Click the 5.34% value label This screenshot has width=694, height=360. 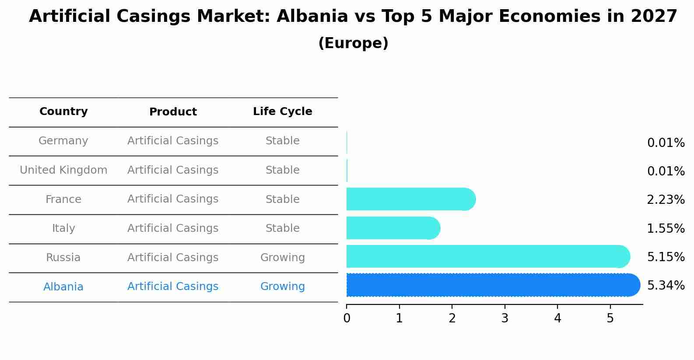[666, 286]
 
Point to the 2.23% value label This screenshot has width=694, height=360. [666, 200]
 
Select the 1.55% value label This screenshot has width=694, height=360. [666, 228]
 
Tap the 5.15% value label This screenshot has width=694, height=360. [666, 257]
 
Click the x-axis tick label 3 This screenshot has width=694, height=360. [505, 318]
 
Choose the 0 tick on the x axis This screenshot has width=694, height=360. [347, 318]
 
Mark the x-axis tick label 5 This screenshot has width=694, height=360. [610, 318]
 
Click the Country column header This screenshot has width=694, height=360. [63, 112]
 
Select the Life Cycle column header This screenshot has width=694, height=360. [283, 112]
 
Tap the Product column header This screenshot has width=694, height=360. [173, 112]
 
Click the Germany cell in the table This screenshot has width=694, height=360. [63, 141]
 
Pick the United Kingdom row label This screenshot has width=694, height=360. [63, 170]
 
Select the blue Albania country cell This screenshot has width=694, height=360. [63, 287]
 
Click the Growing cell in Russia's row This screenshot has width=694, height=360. [283, 258]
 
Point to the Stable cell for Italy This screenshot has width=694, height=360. [283, 228]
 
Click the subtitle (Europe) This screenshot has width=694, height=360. [353, 43]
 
